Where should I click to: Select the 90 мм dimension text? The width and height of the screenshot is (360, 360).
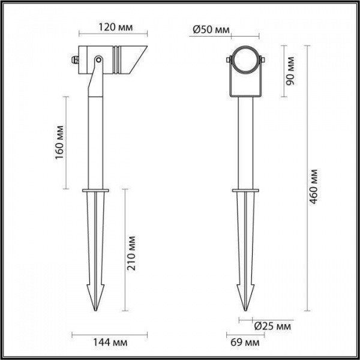click(291, 71)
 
